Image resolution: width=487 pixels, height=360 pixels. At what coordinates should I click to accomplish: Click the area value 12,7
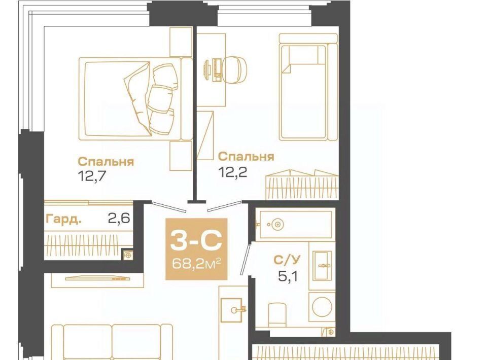pos(92,176)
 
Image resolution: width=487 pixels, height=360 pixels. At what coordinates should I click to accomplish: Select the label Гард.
pos(64,220)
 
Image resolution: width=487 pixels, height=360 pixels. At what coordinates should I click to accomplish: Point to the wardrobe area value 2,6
pos(119,219)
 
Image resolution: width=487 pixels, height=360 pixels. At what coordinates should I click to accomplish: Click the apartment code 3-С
pos(196,240)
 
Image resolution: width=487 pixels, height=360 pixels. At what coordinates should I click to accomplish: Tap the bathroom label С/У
pos(287,260)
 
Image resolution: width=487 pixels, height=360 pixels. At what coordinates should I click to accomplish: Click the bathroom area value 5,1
pos(288,276)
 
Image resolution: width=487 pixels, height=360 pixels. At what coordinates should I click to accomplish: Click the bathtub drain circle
pos(277,225)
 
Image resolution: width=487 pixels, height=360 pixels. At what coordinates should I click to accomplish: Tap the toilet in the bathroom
pos(277,314)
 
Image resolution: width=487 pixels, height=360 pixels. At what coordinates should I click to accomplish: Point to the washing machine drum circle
pos(322,307)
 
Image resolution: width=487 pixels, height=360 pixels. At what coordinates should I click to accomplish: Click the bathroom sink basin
pos(323,265)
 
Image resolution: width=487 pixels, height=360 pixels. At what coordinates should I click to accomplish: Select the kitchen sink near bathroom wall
pos(231,309)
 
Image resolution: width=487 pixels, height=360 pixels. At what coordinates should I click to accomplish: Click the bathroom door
pos(246,260)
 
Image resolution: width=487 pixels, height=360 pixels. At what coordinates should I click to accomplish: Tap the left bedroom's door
pos(169,207)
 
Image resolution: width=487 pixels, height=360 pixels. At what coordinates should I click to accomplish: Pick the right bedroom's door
pos(224,206)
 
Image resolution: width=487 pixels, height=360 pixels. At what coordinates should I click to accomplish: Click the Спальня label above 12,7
pos(106,162)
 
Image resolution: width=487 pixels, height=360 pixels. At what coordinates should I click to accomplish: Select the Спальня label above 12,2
pos(246,157)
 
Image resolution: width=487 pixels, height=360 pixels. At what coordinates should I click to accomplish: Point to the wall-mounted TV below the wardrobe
pos(97,277)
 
